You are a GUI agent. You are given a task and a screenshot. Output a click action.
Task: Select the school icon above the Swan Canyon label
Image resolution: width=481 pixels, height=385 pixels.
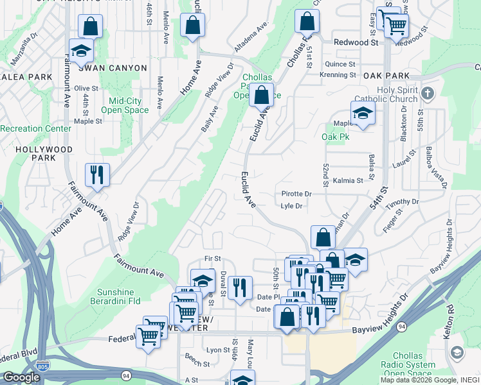point(82,51)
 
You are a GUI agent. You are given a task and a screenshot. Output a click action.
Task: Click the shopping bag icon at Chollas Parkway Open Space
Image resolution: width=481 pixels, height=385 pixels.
point(261,96)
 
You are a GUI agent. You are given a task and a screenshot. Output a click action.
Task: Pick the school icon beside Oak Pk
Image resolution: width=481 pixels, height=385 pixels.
point(363,114)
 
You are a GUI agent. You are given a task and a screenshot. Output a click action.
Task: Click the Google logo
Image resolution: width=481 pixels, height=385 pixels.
point(22,377)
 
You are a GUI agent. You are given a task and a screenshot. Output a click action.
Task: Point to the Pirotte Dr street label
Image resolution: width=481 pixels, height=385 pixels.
point(296,194)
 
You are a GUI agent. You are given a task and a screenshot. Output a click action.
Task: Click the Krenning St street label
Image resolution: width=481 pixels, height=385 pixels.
point(338,74)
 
